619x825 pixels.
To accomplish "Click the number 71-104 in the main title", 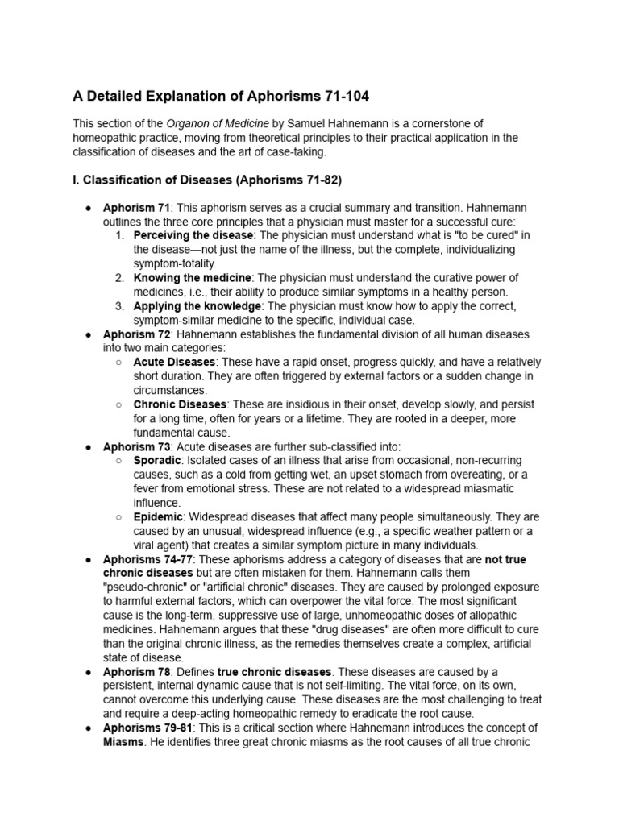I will [x=338, y=96].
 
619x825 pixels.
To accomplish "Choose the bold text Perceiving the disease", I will [x=193, y=235].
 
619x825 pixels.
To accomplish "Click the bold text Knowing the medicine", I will [x=193, y=278].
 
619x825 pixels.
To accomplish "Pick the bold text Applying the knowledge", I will [x=197, y=306].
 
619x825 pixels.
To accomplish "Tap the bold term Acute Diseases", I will [x=174, y=362].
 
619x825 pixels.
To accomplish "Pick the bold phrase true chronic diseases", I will [x=274, y=671].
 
